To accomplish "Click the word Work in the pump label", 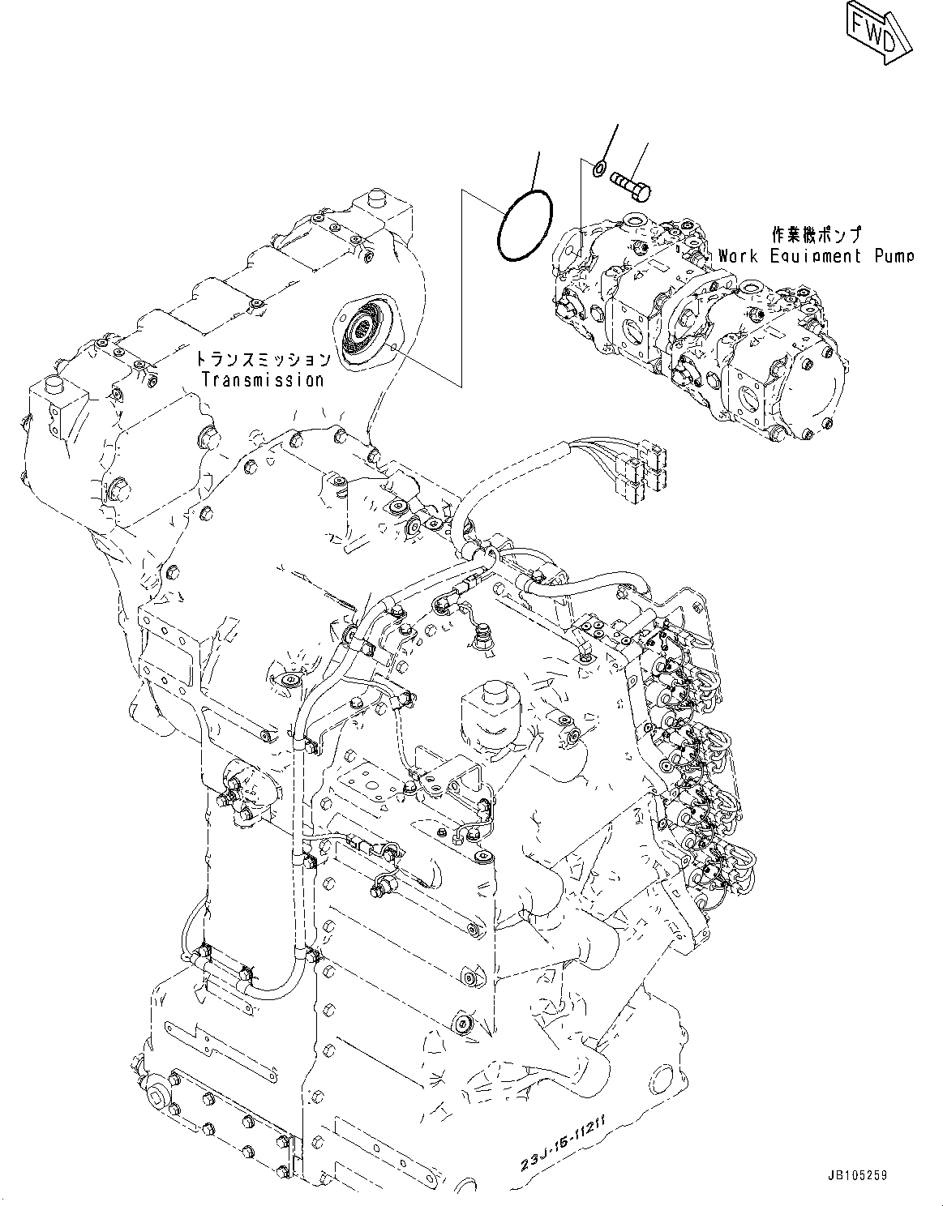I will point(738,256).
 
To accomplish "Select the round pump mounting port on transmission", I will point(363,332).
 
